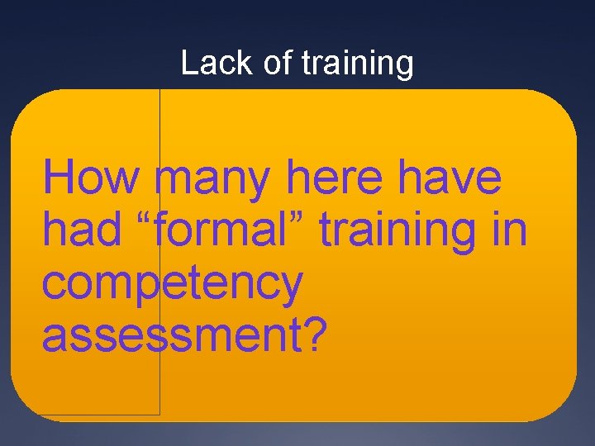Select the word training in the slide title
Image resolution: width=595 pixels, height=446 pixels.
click(357, 64)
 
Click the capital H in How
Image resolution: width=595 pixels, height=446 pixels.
click(60, 179)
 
